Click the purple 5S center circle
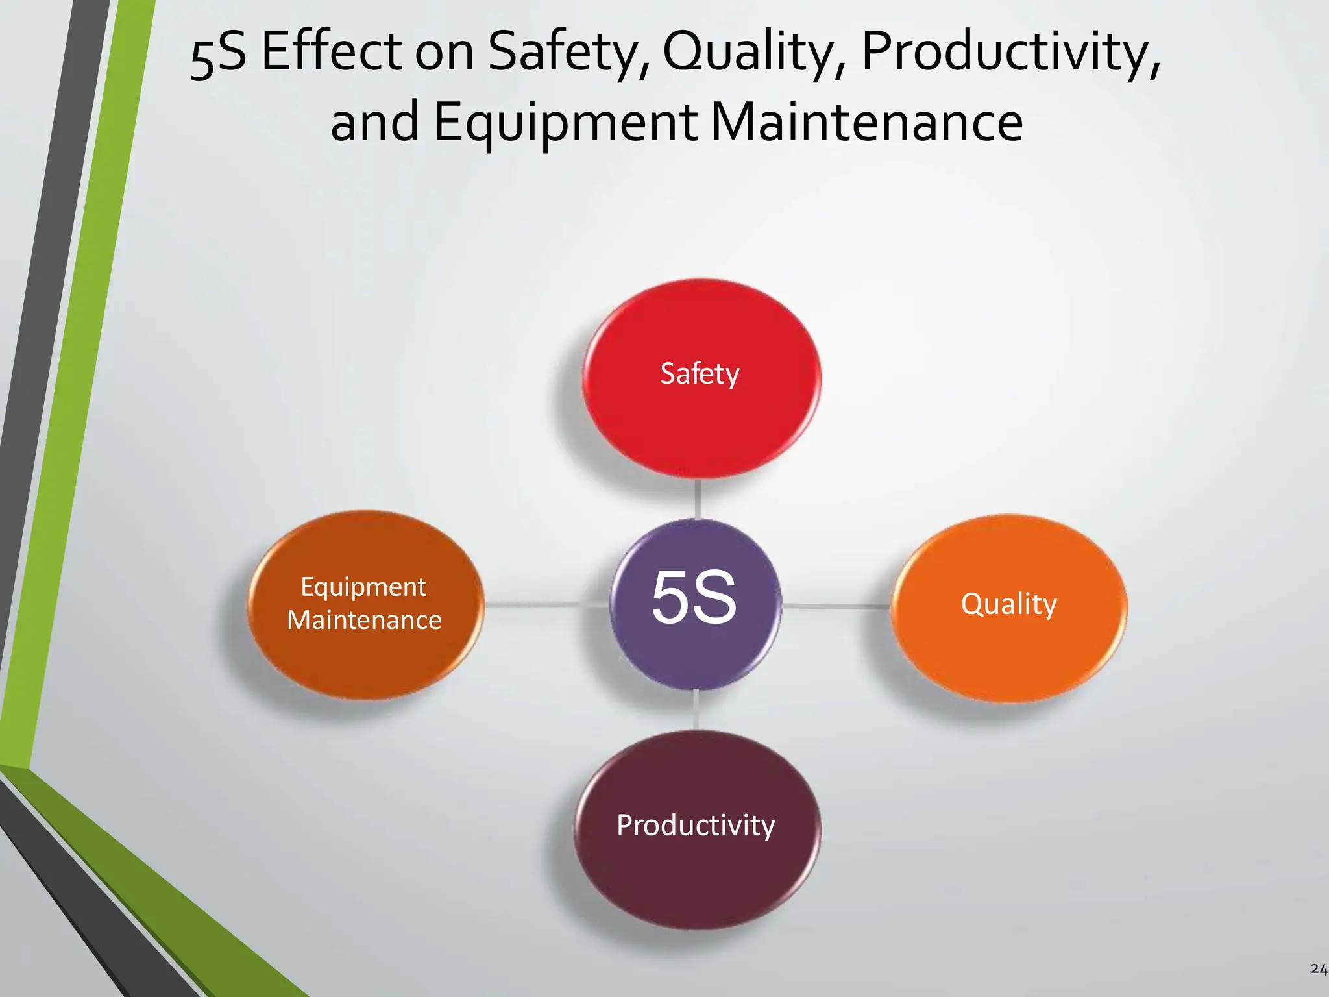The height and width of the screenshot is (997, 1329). [x=695, y=604]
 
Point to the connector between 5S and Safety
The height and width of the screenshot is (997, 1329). [x=698, y=498]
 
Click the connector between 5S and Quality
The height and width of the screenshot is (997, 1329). [x=836, y=606]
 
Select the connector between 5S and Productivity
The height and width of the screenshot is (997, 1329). [x=696, y=709]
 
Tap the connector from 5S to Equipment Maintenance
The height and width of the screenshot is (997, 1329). [x=546, y=604]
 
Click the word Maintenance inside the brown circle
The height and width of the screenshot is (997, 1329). [x=364, y=620]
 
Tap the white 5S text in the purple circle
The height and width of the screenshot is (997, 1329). [x=694, y=597]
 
